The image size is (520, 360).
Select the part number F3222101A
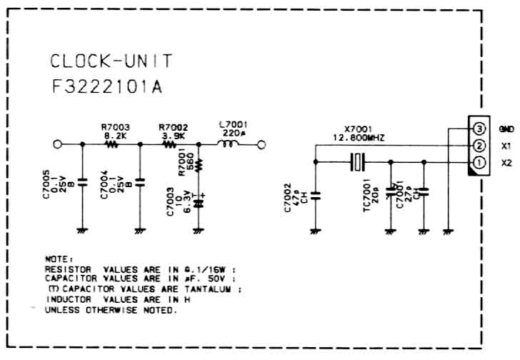pos(108,87)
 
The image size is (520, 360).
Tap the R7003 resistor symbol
pos(111,144)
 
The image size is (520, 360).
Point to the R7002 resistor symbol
pos(169,144)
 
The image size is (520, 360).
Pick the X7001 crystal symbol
pos(358,162)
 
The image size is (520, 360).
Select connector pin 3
pos(479,129)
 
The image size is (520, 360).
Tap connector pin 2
pos(479,146)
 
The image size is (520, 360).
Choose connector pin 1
pos(479,163)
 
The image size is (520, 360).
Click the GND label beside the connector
pos(506,129)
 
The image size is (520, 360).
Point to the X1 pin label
pos(505,146)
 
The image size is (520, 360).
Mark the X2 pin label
pos(506,163)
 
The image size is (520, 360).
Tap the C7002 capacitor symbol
pos(315,192)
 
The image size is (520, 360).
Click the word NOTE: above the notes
pos(59,259)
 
